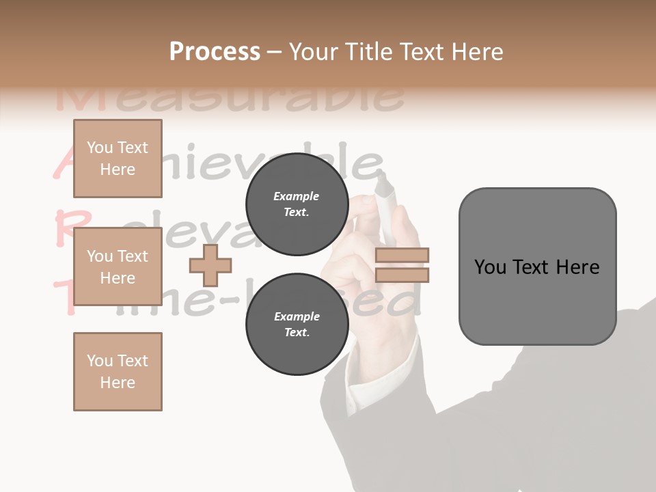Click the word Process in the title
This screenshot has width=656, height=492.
[x=215, y=52]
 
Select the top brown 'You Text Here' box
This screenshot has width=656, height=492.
[x=118, y=159]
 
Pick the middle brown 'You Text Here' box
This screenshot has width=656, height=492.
[x=118, y=266]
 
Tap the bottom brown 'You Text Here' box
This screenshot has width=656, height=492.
[x=118, y=371]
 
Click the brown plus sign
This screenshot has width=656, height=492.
[x=210, y=265]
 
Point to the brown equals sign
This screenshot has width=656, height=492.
[x=402, y=265]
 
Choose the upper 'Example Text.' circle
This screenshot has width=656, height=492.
[x=297, y=204]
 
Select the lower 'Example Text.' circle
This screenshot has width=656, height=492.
[x=297, y=324]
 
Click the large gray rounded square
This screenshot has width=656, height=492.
[x=537, y=266]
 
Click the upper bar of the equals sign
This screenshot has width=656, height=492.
[x=402, y=256]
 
